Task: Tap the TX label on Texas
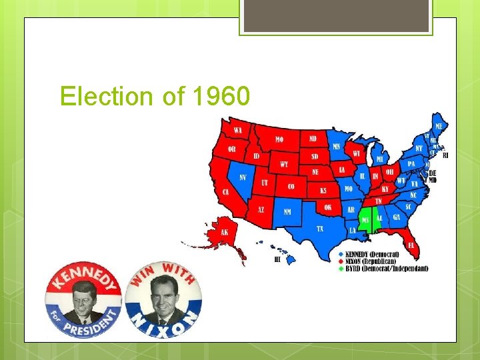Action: (320, 228)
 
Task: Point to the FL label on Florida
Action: (411, 245)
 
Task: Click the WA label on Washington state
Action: (237, 129)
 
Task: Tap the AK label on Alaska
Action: (224, 233)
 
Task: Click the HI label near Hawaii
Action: (277, 259)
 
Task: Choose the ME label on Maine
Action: (439, 126)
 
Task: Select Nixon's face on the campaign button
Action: (164, 297)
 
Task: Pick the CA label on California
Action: (226, 192)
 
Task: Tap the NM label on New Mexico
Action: (287, 212)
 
